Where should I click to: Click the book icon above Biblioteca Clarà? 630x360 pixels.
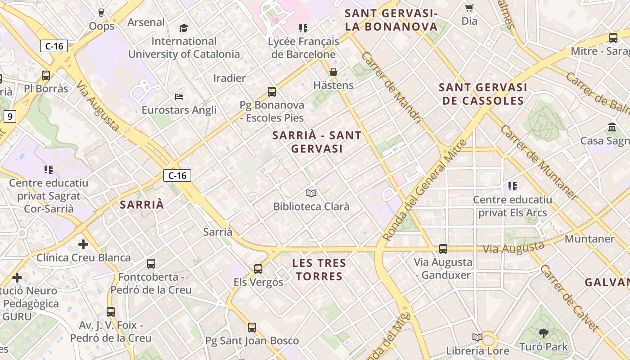coord(311,193)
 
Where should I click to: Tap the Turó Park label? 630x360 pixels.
coord(544,346)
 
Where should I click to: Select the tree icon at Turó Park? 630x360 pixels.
coord(544,333)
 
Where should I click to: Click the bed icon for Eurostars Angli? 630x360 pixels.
coord(179,96)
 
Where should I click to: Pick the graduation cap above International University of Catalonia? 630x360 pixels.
coord(184,28)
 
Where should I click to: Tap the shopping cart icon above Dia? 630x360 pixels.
coord(469,8)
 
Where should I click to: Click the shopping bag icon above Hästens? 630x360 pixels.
coord(333,72)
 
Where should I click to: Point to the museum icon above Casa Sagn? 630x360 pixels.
coord(612,127)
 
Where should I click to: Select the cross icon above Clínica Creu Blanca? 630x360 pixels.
coord(83,244)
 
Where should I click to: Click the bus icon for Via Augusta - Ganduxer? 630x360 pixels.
coord(443,248)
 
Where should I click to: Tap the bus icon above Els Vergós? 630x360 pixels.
coord(258,269)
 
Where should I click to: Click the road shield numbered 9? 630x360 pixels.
coord(10,117)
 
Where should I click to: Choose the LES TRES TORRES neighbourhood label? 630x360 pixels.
coord(319,270)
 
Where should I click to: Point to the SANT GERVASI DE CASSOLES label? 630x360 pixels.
coord(483,94)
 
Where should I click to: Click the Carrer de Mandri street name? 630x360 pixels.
coord(391,88)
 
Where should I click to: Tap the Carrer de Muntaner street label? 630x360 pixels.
coord(538,162)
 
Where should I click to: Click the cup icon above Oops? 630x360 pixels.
coord(101,13)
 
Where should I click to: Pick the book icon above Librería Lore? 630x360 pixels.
coord(477,337)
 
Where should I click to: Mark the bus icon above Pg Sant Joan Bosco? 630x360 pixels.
coord(252,327)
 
